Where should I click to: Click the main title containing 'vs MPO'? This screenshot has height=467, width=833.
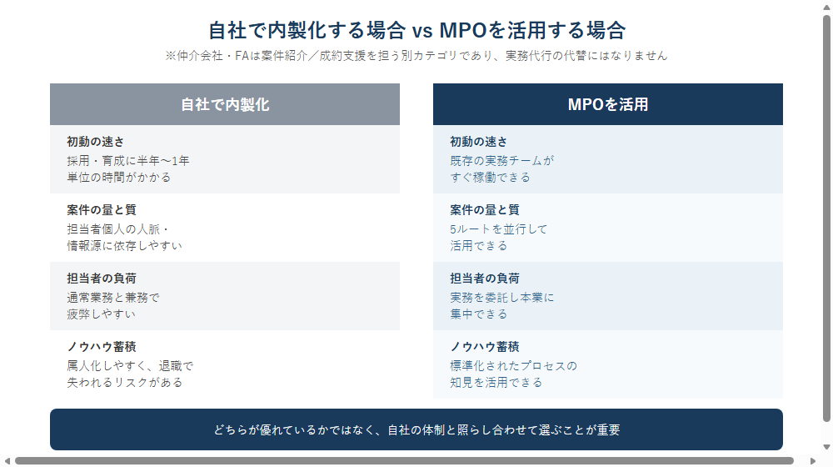416,30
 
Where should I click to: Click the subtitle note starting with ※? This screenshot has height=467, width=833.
416,56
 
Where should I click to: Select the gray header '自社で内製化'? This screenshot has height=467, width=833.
225,104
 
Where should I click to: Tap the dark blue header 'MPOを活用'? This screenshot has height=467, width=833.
608,104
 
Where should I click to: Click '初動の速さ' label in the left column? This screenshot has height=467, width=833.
96,142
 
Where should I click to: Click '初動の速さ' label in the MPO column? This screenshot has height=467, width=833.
479,142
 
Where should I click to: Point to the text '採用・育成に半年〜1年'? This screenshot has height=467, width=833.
128,161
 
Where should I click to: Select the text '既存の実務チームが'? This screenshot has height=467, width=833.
502,161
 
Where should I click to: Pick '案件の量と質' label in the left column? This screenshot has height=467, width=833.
102,210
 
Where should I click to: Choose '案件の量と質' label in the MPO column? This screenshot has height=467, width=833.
485,210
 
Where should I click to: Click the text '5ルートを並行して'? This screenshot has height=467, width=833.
498,229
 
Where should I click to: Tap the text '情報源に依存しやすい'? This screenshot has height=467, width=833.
124,246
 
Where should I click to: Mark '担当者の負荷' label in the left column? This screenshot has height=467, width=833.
102,279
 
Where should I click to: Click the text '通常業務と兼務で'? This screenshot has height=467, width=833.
113,298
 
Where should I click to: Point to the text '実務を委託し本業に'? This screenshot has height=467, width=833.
502,298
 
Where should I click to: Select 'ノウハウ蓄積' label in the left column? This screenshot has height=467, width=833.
102,347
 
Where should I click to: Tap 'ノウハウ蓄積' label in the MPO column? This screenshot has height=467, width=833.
485,347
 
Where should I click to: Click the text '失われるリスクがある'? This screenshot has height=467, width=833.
125,383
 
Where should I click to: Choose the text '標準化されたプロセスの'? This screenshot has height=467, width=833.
513,366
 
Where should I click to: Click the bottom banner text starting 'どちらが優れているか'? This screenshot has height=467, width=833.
416,429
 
